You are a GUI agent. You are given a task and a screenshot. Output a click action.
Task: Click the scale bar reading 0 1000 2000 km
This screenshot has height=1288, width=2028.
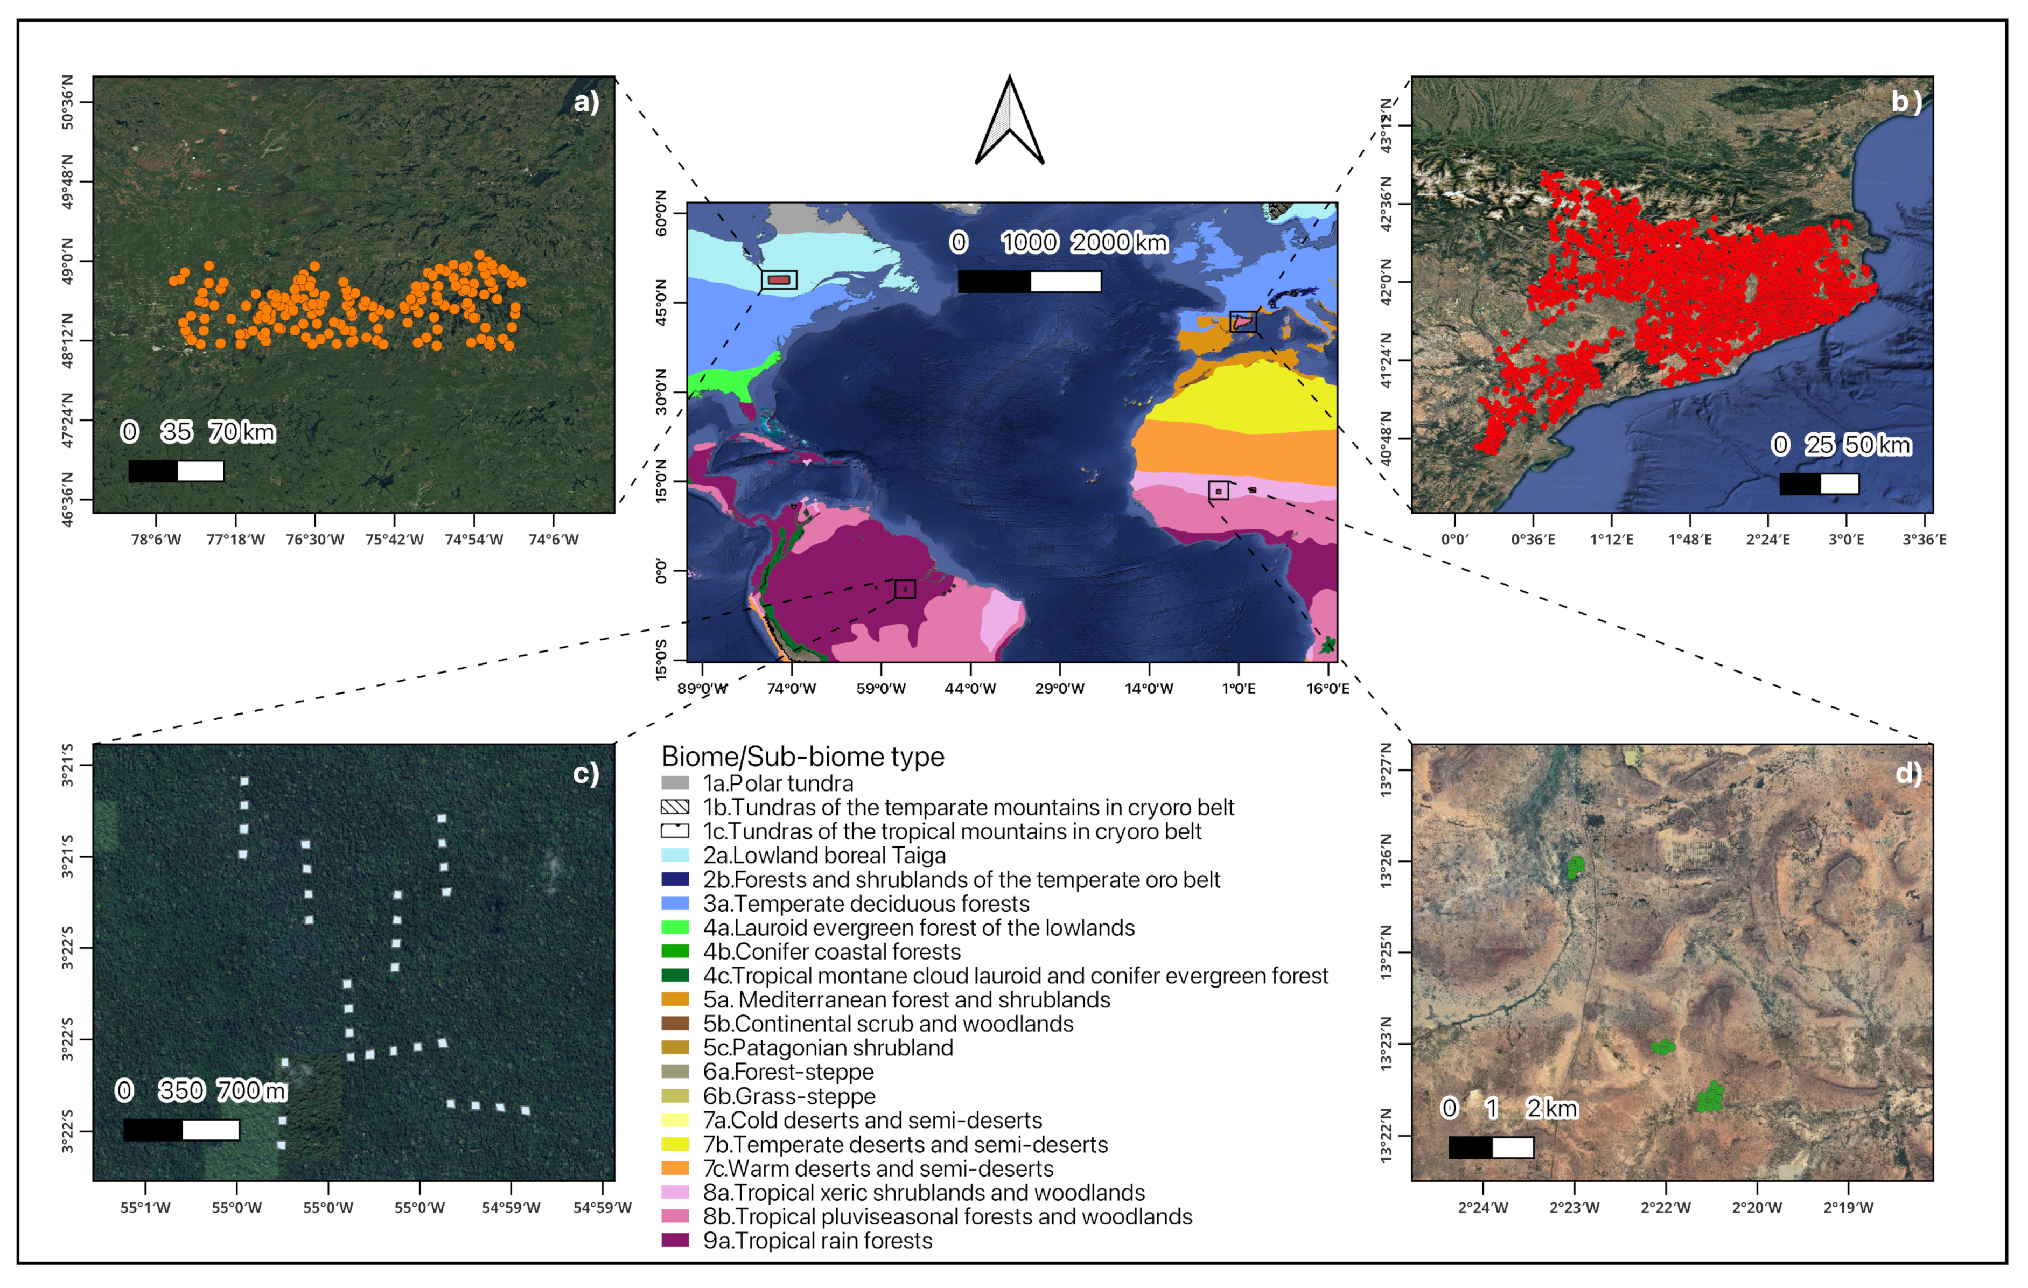pyautogui.click(x=1029, y=282)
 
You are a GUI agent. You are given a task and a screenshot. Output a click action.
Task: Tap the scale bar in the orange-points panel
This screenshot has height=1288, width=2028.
pyautogui.click(x=176, y=471)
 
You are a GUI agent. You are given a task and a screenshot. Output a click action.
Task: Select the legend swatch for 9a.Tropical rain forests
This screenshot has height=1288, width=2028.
pyautogui.click(x=675, y=1240)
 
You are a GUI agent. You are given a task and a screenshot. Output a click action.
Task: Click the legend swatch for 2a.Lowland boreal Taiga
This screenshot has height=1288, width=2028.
pyautogui.click(x=675, y=855)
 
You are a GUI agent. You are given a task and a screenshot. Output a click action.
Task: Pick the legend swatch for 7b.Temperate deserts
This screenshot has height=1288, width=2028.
pyautogui.click(x=675, y=1144)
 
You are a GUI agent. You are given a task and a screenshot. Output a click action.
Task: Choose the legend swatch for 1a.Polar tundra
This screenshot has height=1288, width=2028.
pyautogui.click(x=675, y=782)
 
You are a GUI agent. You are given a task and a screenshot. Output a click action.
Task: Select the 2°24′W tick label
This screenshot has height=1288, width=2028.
pyautogui.click(x=1483, y=1208)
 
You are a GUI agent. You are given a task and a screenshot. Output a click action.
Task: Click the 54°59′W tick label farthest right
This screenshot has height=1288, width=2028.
pyautogui.click(x=602, y=1208)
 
